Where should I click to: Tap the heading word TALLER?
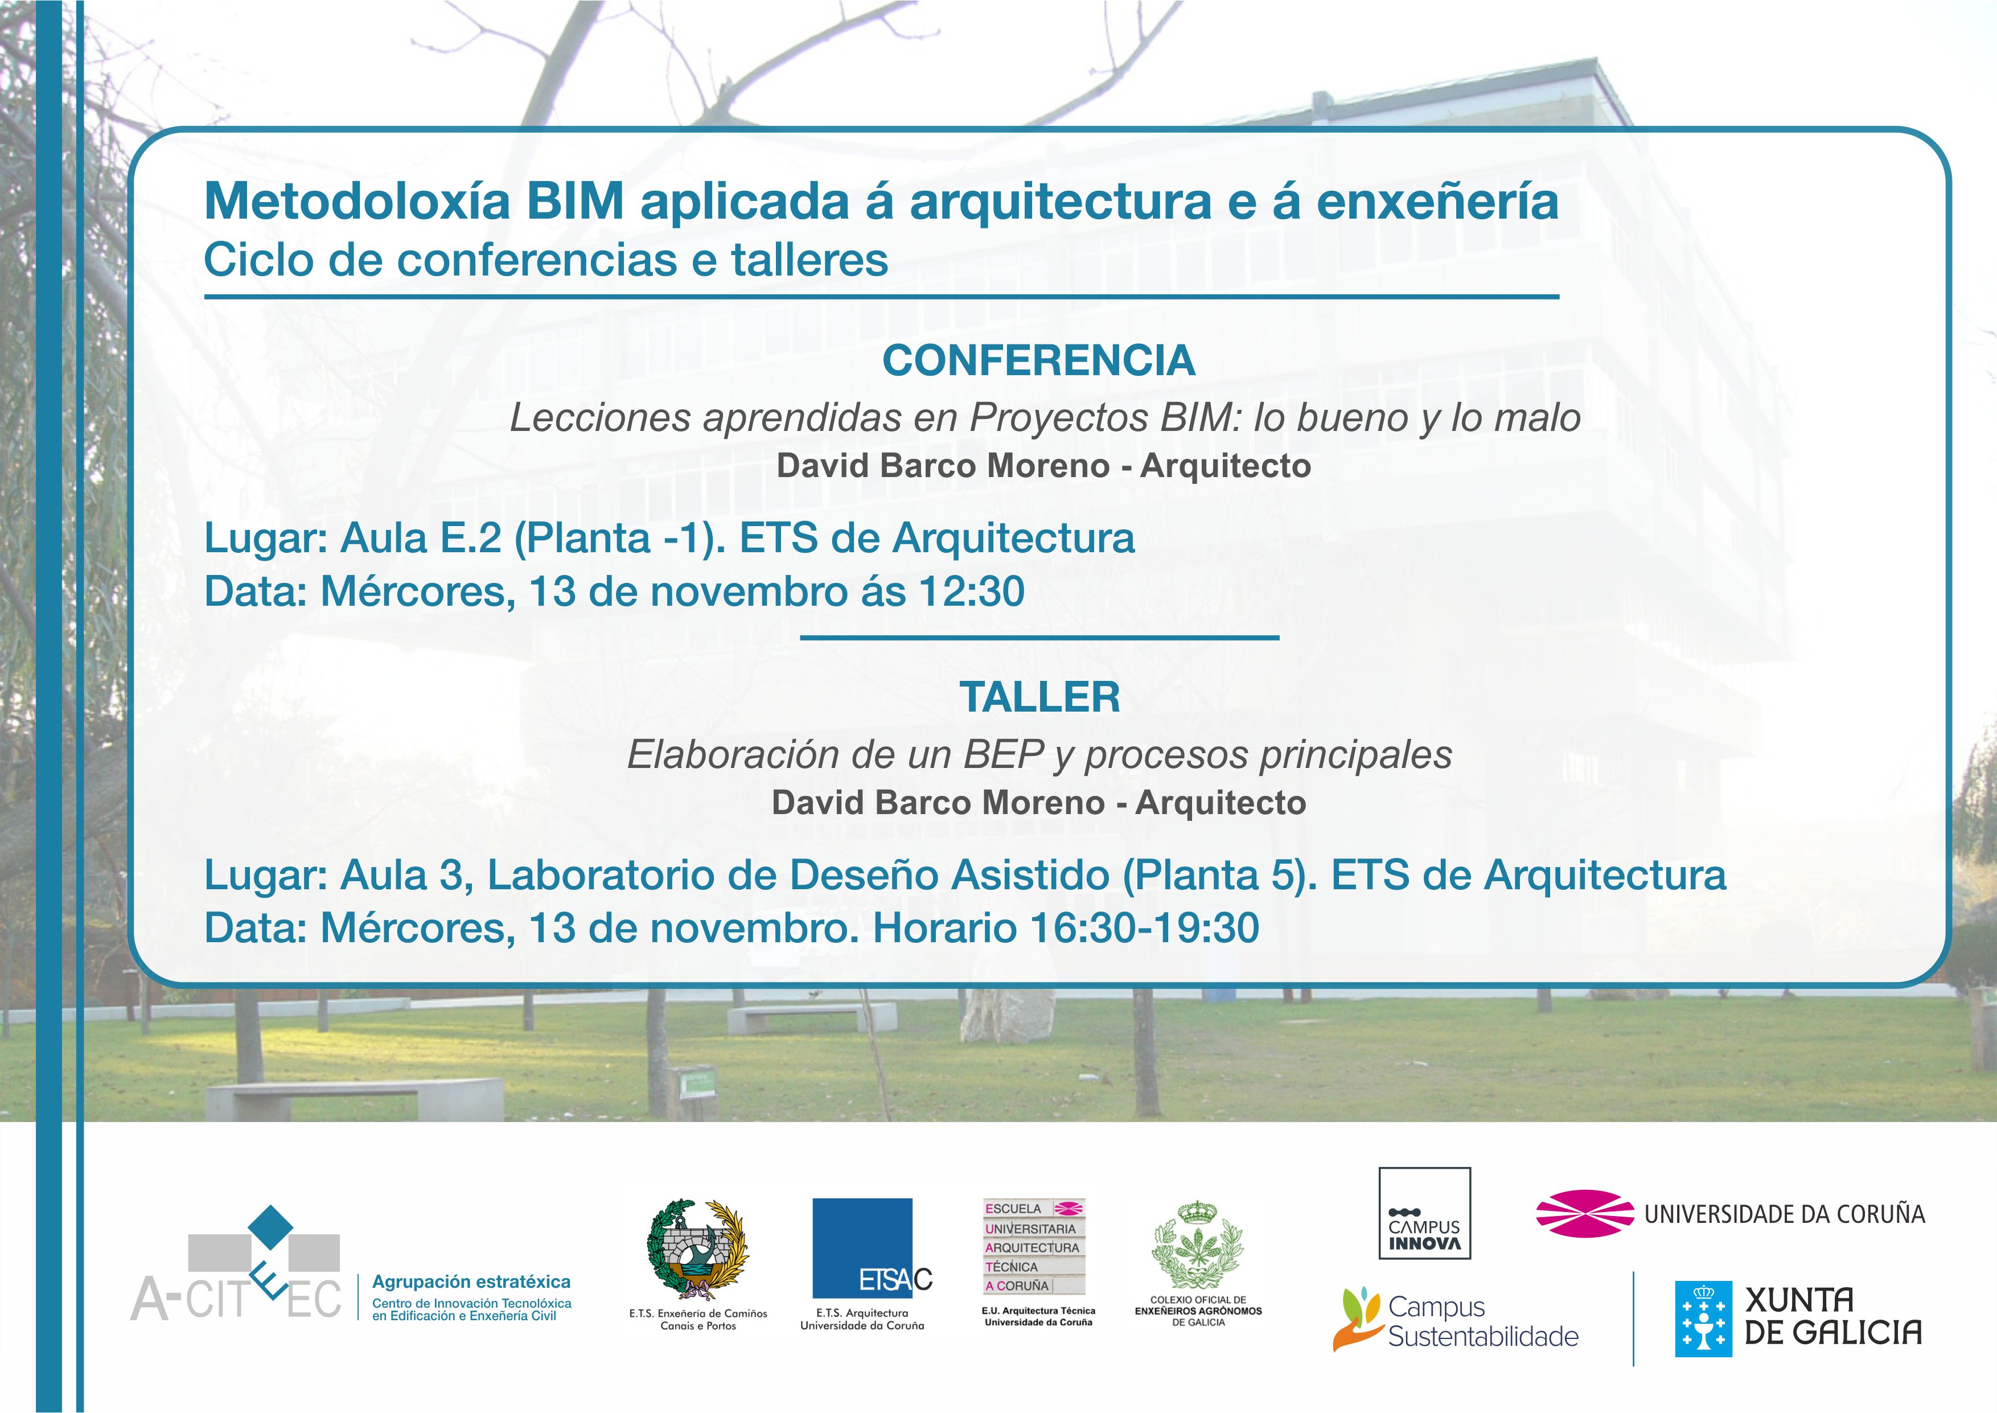click(1039, 697)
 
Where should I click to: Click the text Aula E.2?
click(421, 538)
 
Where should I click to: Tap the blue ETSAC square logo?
click(863, 1248)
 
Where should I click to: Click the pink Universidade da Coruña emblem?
click(1585, 1213)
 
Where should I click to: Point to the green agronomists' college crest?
click(1198, 1245)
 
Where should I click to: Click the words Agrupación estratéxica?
click(471, 1281)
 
